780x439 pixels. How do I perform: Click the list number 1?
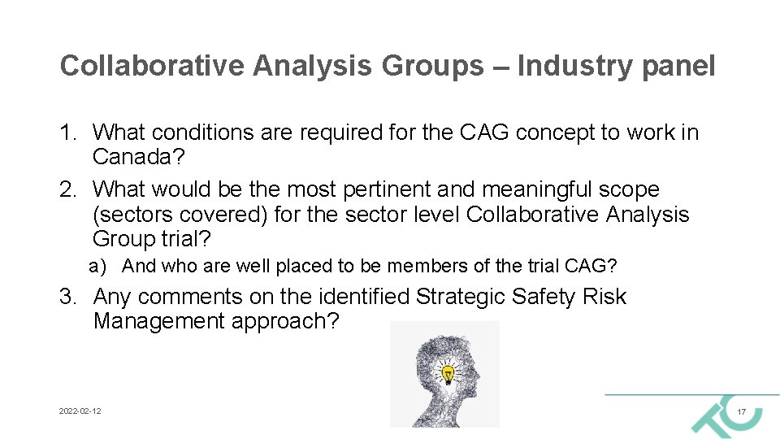pyautogui.click(x=68, y=132)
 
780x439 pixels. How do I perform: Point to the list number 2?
pyautogui.click(x=68, y=189)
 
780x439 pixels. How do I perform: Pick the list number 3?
pyautogui.click(x=68, y=297)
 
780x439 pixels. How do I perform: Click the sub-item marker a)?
pyautogui.click(x=98, y=266)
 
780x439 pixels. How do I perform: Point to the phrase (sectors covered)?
pyautogui.click(x=180, y=215)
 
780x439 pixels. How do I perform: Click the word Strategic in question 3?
pyautogui.click(x=461, y=297)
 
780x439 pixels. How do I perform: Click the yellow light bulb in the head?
pyautogui.click(x=447, y=373)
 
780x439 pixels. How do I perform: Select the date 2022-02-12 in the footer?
pyautogui.click(x=80, y=412)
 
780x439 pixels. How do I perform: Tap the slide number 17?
pyautogui.click(x=741, y=413)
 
